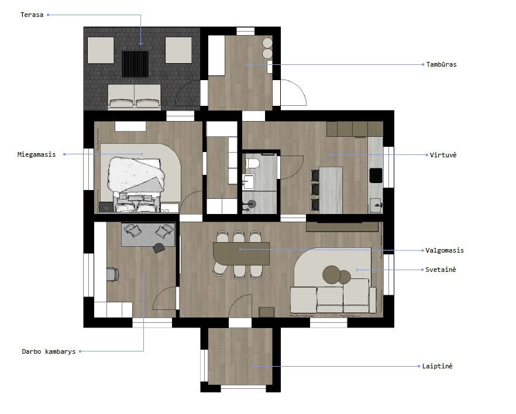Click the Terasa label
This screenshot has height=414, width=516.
tap(32, 15)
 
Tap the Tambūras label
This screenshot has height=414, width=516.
tap(441, 64)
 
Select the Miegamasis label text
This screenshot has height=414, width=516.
tap(36, 154)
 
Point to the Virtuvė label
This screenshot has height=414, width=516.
tap(443, 155)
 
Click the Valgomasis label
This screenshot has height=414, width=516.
tap(445, 251)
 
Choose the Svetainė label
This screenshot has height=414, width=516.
tap(441, 270)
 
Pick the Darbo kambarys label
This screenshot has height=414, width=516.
tap(49, 351)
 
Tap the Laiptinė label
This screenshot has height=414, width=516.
tap(438, 366)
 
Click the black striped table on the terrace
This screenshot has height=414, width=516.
tap(135, 64)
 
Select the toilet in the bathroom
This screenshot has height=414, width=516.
tap(253, 163)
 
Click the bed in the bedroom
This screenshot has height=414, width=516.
tap(136, 184)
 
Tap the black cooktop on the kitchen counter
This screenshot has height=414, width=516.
tap(376, 175)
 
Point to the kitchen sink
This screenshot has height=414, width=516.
tap(376, 206)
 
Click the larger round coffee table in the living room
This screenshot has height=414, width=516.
tap(332, 275)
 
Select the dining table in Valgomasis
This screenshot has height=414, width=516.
tap(241, 254)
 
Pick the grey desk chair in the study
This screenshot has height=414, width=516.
tap(112, 275)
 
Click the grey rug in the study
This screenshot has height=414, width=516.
tap(148, 234)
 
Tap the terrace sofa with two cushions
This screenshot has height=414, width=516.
tap(135, 96)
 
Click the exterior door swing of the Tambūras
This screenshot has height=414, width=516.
tap(294, 92)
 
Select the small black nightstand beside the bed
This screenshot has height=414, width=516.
tap(106, 208)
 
